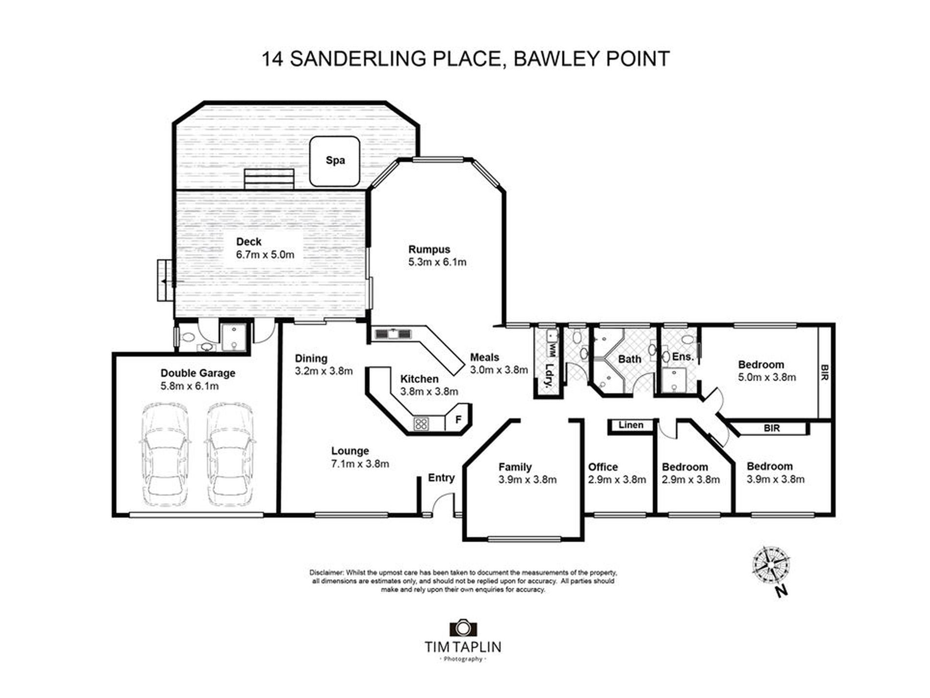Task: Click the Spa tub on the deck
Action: (335, 161)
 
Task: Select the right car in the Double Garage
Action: (229, 455)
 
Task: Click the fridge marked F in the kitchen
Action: (458, 419)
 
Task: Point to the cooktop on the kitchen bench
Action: (421, 424)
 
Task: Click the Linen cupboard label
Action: (630, 425)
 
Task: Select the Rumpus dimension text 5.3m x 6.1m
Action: (437, 263)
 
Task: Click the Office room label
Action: (603, 467)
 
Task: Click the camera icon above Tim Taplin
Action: (463, 628)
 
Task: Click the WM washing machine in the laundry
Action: (552, 349)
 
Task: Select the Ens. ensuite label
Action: (683, 357)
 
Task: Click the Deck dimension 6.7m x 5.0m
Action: (265, 255)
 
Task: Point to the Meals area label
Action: (484, 358)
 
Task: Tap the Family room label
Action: (514, 467)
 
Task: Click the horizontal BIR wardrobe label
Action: (771, 429)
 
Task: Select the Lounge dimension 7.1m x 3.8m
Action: (360, 464)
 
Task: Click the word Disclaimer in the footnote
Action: (326, 573)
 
